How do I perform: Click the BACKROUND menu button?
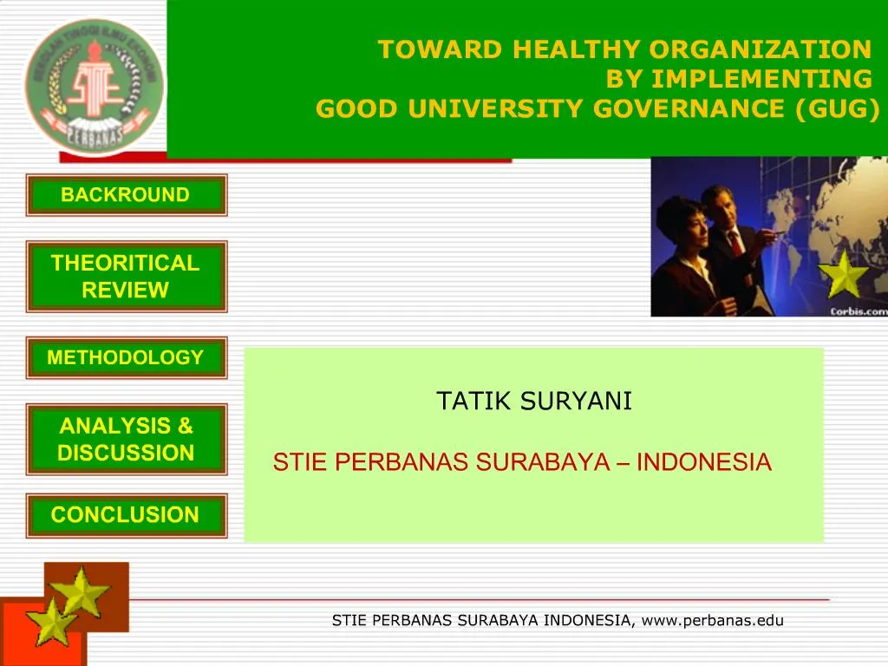click(x=126, y=195)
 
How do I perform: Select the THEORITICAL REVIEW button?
click(x=126, y=277)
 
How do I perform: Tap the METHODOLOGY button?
click(x=126, y=357)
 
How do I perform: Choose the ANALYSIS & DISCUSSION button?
click(x=126, y=439)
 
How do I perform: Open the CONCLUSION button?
click(x=126, y=515)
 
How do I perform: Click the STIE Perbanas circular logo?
click(x=94, y=87)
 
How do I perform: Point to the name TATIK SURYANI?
click(x=534, y=402)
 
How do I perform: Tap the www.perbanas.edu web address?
click(x=713, y=620)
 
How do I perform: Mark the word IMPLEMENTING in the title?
click(x=761, y=80)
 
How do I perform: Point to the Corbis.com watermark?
click(x=858, y=311)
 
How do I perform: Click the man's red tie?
click(x=735, y=242)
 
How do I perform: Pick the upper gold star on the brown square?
click(x=81, y=592)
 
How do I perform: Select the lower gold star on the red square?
click(x=50, y=622)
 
